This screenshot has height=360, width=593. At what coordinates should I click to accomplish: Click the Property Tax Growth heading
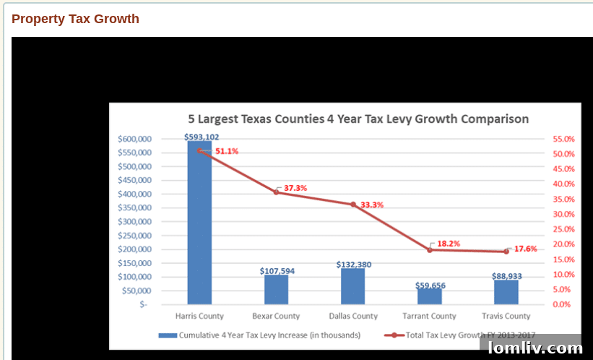point(75,19)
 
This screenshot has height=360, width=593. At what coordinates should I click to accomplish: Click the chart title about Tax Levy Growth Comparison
point(358,119)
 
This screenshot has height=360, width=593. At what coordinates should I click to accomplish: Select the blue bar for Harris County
point(199,224)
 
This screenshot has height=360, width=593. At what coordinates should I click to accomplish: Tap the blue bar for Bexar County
point(276,290)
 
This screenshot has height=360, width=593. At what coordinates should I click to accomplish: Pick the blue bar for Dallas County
point(352,286)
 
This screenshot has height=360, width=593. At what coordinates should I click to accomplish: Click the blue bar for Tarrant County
point(429,296)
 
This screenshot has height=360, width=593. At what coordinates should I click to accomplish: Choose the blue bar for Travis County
point(506,292)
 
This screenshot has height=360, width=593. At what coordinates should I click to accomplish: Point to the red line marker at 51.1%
point(199,150)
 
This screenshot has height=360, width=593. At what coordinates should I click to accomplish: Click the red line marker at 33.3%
point(353,205)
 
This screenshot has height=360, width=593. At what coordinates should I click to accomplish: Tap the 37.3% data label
point(295,188)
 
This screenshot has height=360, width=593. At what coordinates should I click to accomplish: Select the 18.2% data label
point(449,244)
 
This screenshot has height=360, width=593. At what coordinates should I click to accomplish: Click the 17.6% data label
point(526,249)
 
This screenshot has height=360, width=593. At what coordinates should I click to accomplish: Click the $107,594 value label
point(277,271)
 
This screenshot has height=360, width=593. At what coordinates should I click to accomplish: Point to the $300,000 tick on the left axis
point(134,221)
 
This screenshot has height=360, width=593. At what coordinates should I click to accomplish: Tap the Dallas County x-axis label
point(353,316)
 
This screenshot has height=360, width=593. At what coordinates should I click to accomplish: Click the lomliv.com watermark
point(535,348)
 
